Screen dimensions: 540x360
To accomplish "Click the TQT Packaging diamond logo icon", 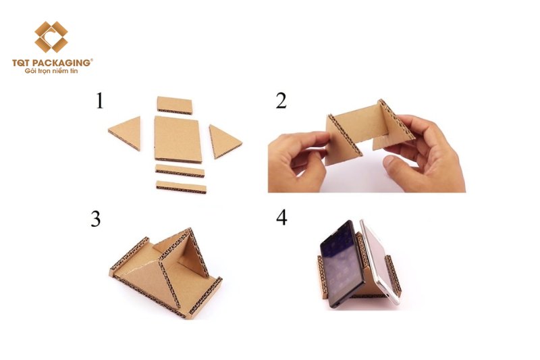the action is [x=51, y=37].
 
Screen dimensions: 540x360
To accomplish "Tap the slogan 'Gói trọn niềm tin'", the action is [x=51, y=71].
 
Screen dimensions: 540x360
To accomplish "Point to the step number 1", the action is [x=99, y=101].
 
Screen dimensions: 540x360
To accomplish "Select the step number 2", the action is [x=281, y=101].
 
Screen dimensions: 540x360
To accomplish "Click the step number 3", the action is [x=96, y=219].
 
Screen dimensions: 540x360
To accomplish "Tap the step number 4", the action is [x=281, y=217].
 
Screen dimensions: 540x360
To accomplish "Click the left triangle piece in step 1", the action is [x=126, y=132].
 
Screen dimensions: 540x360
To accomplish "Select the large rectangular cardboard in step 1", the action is [x=178, y=139].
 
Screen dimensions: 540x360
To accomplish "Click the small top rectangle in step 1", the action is [x=175, y=105].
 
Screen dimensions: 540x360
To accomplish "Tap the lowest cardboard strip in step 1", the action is [x=182, y=186].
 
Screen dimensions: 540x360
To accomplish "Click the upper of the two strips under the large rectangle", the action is [x=180, y=170].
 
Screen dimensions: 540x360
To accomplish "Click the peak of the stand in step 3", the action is [x=189, y=229].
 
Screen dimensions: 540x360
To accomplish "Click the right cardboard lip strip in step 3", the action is [x=206, y=297].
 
